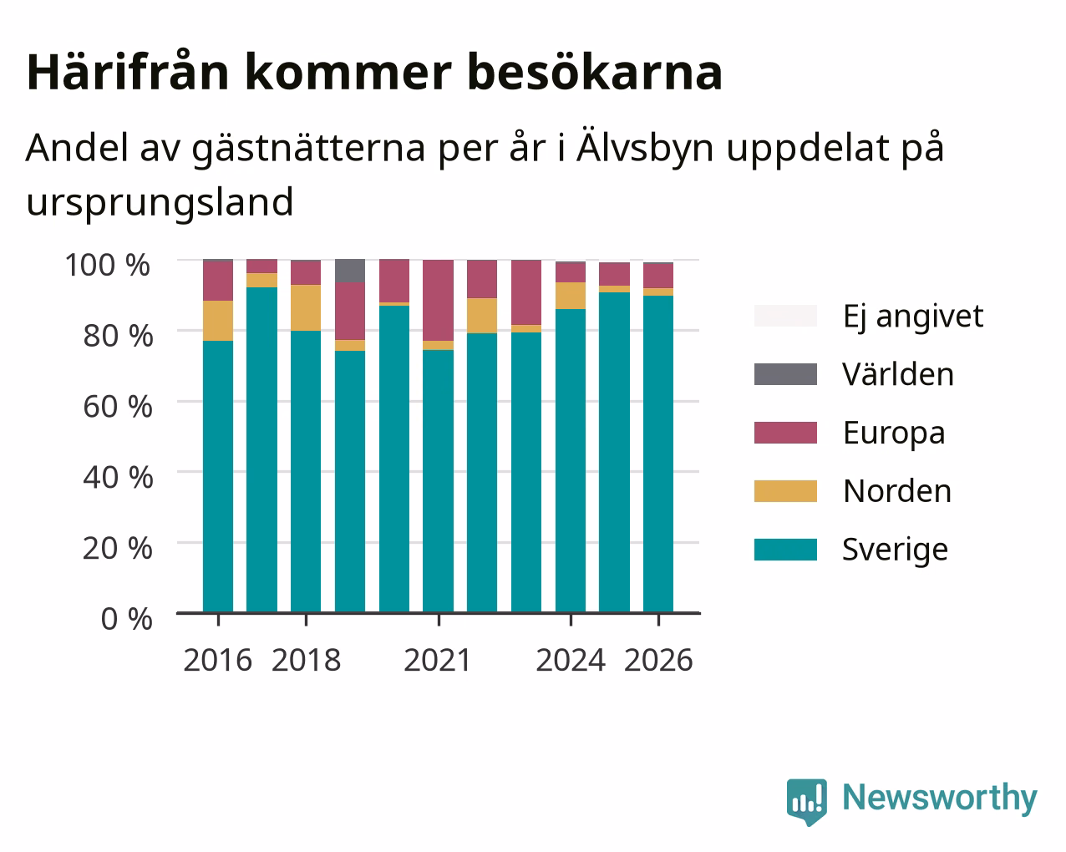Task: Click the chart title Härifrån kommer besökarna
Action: pyautogui.click(x=374, y=72)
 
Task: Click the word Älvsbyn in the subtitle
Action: pyautogui.click(x=645, y=147)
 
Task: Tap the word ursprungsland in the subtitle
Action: pyautogui.click(x=160, y=203)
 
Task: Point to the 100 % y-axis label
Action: pyautogui.click(x=107, y=265)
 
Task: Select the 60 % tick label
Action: pyautogui.click(x=118, y=407)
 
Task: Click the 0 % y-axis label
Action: pyautogui.click(x=126, y=619)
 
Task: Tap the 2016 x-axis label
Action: pyautogui.click(x=218, y=660)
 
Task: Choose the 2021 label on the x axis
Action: pyautogui.click(x=438, y=660)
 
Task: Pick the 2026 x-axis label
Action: pyautogui.click(x=658, y=660)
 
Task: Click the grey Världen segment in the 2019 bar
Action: pyautogui.click(x=350, y=271)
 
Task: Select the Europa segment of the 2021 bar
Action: pyautogui.click(x=438, y=300)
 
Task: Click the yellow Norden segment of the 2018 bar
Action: pyautogui.click(x=306, y=307)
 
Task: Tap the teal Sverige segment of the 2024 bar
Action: pyautogui.click(x=570, y=461)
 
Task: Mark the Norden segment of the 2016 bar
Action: pyautogui.click(x=218, y=321)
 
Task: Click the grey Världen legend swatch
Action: pyautogui.click(x=785, y=374)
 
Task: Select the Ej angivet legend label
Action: pyautogui.click(x=913, y=317)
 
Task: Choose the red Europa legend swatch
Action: pyautogui.click(x=785, y=433)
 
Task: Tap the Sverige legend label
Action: pyautogui.click(x=895, y=550)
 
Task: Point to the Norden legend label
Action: pyautogui.click(x=897, y=491)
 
